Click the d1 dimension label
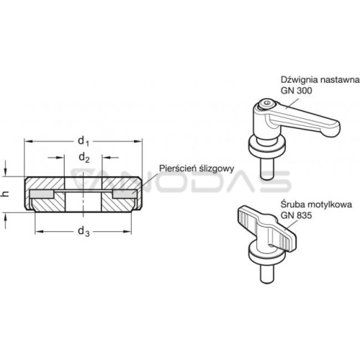pyautogui.click(x=84, y=141)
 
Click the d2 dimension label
pyautogui.click(x=84, y=158)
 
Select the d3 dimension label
pyautogui.click(x=84, y=232)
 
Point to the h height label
pyautogui.click(x=6, y=194)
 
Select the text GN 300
pyautogui.click(x=297, y=91)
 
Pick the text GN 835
pyautogui.click(x=297, y=215)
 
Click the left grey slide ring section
pyautogui.click(x=42, y=194)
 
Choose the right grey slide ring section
pyautogui.click(x=125, y=194)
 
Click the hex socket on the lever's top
pyautogui.click(x=268, y=104)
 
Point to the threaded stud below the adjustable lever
pyautogui.click(x=267, y=169)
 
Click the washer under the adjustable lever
pyautogui.click(x=267, y=149)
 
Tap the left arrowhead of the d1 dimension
pyautogui.click(x=28, y=141)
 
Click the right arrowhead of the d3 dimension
pyautogui.click(x=127, y=232)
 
